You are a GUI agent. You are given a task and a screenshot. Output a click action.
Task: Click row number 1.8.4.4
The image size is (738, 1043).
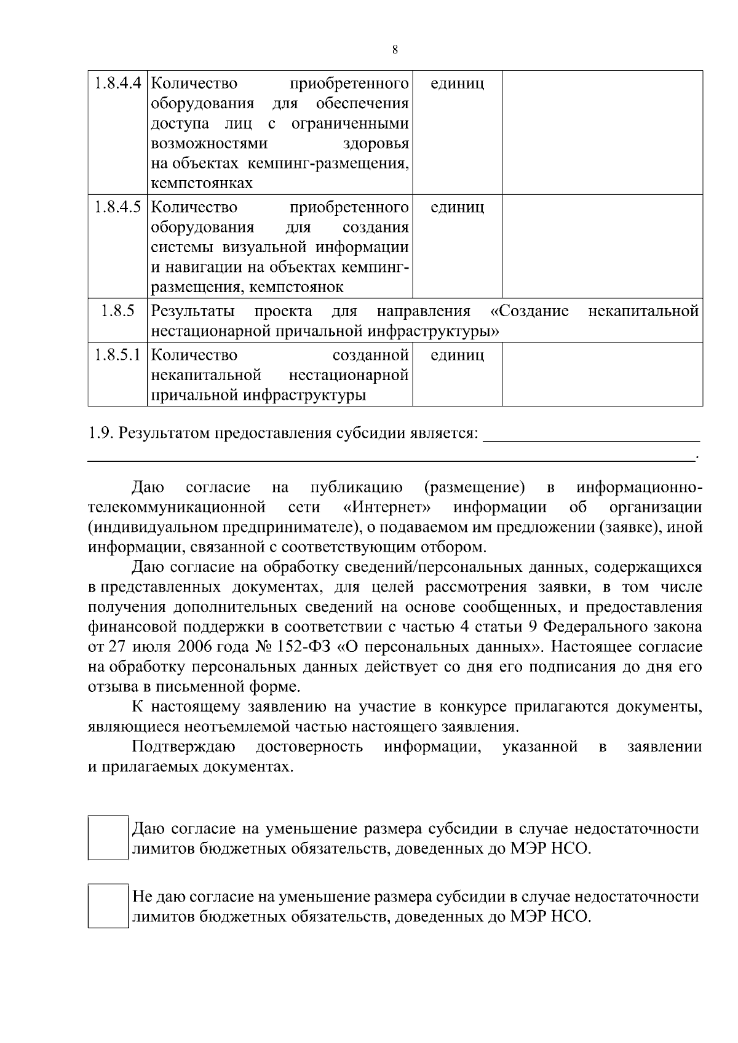(118, 83)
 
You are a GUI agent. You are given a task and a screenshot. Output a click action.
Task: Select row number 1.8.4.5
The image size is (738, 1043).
(118, 207)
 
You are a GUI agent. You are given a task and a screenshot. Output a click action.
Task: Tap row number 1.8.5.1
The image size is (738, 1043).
(118, 355)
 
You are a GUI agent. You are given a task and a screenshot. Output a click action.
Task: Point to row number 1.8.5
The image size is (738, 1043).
(118, 311)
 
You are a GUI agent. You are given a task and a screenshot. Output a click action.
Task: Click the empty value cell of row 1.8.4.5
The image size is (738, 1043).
(602, 246)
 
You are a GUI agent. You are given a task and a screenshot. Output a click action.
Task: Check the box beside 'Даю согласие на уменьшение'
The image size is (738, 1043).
(108, 838)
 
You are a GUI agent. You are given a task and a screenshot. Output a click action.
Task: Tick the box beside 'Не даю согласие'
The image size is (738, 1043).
(108, 906)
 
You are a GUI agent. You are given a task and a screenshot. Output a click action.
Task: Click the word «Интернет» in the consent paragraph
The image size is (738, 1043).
(386, 507)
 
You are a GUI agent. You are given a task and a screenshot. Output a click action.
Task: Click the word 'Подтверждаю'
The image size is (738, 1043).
(183, 747)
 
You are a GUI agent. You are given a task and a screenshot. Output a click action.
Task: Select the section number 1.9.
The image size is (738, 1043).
(100, 434)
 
